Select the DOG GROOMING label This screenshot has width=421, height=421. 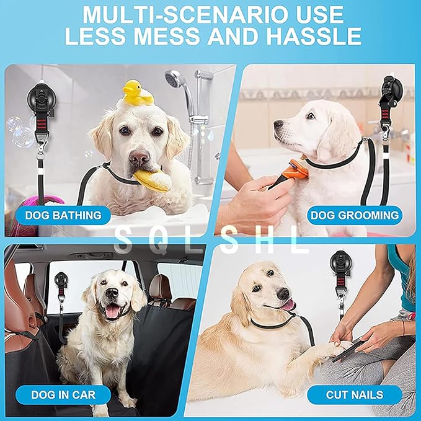point(354,216)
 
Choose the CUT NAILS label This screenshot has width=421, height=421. point(354,394)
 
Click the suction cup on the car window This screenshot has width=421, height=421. point(61,280)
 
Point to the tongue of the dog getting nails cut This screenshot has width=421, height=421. point(289,304)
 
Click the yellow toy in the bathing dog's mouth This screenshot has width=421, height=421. point(151,180)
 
